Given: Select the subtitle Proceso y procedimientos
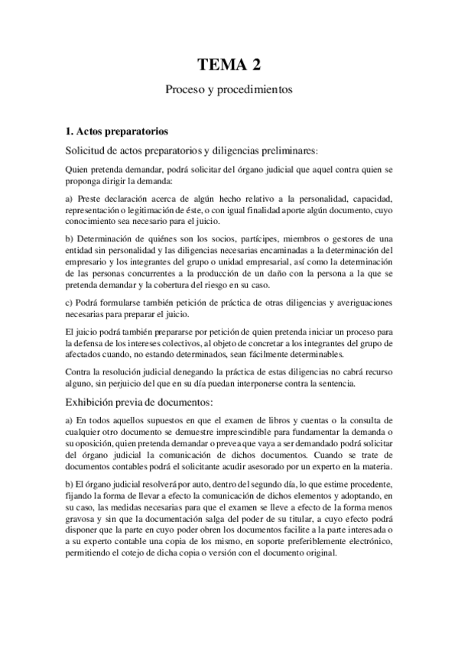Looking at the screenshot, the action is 229,89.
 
